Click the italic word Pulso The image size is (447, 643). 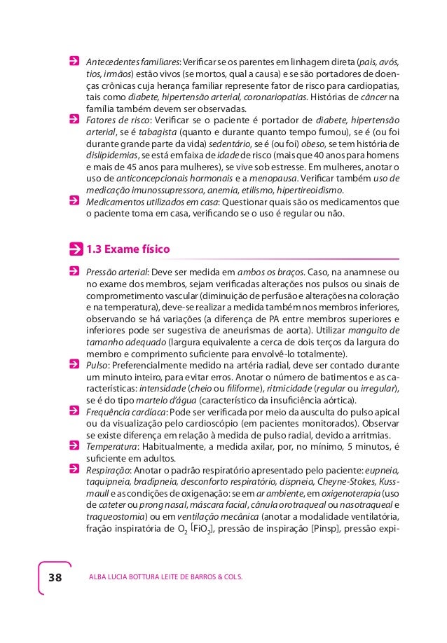(97, 365)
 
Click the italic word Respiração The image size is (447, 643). (108, 469)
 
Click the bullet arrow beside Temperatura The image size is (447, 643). (75, 446)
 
